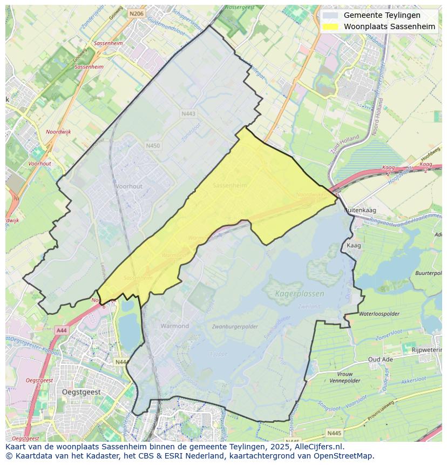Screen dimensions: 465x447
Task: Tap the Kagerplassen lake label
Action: [x=300, y=294]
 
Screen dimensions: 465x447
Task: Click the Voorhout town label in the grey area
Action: [x=128, y=186]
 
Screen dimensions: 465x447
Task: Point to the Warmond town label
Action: [x=174, y=326]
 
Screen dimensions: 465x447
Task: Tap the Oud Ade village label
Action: [x=381, y=359]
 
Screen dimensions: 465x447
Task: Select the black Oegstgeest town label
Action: [x=83, y=391]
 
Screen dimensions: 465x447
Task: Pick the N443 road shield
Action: [x=188, y=113]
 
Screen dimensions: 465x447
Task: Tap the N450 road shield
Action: [x=153, y=146]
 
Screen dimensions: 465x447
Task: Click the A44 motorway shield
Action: [x=61, y=330]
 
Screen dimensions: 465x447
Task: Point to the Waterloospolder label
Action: [x=379, y=313]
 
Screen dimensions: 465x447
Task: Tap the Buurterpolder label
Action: [x=429, y=273]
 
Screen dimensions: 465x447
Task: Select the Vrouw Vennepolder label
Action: [x=344, y=377]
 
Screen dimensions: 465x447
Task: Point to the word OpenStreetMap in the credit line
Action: [x=344, y=456]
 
